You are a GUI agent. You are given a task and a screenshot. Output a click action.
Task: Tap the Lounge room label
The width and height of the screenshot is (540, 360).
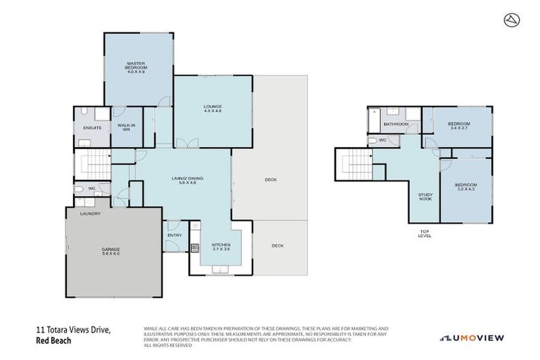pos(213,108)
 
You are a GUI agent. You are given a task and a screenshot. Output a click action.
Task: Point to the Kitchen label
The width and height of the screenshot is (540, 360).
pos(221,247)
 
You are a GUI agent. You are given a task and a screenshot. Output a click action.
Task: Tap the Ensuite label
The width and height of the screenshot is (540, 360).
pos(92,128)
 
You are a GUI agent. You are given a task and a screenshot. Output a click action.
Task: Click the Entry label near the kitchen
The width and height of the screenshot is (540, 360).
pos(174,236)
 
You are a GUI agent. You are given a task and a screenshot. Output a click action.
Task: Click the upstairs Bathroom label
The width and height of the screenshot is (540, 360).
pos(396,125)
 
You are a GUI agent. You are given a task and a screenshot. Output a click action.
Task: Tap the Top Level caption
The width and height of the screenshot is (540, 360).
pos(425,233)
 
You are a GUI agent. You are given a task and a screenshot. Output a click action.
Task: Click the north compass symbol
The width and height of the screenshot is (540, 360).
pos(511,20)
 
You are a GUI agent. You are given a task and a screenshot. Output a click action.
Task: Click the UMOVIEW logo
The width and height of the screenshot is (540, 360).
pos(472,338)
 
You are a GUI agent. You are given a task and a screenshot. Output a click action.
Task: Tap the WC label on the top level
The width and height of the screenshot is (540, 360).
pos(382,141)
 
